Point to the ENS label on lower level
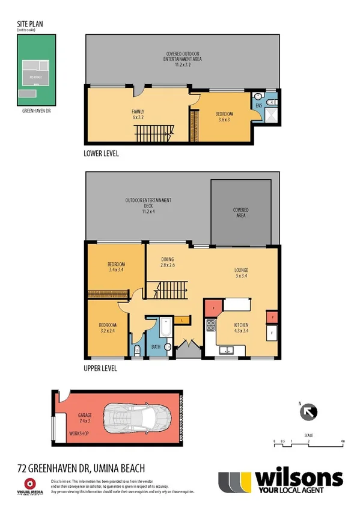pos(259,106)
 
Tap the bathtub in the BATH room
pos(164,330)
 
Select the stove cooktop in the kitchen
pos(212,327)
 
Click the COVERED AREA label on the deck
pos(240,213)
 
